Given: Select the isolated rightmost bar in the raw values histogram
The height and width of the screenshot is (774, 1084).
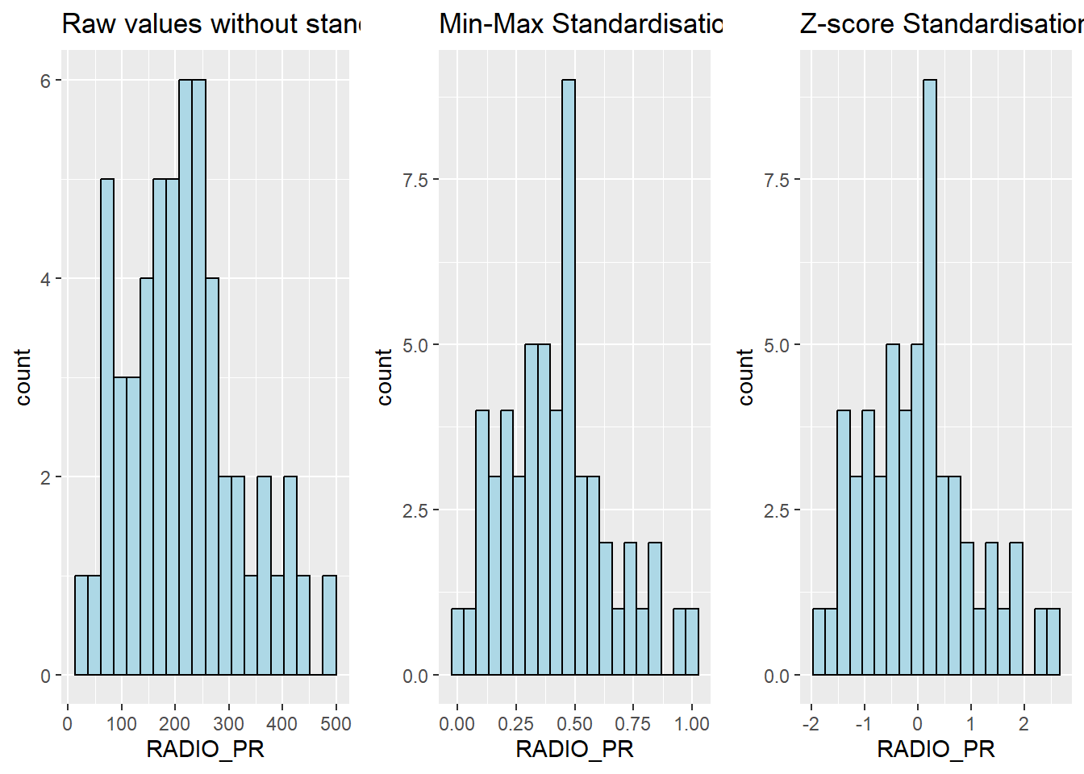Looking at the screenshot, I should coord(329,626).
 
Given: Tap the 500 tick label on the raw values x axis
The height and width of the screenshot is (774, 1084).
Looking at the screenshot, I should coord(336,723).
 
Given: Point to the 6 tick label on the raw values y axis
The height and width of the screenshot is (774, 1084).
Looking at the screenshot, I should coord(45,81).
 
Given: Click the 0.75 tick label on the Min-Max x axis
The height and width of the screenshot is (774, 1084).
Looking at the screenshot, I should coord(634,723).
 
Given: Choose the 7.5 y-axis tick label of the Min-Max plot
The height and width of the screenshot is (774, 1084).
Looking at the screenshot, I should coord(415,180).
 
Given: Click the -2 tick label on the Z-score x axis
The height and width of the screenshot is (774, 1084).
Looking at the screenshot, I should coord(811,723).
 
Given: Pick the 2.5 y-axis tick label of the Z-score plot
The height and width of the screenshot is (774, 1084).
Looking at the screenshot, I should coord(776,510).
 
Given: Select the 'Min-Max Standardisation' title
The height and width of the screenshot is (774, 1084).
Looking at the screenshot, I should coord(581,24).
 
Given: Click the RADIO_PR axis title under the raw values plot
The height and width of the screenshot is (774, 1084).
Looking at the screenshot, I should coord(205,749).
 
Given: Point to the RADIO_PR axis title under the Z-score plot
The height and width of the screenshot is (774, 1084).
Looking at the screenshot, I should coord(936,749).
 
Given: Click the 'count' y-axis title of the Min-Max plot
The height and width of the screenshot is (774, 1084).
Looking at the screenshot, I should coord(385,377).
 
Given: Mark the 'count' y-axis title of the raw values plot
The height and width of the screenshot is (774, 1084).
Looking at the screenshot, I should coord(23,377).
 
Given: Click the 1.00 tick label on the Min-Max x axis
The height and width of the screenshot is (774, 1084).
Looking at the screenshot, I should coord(692,723).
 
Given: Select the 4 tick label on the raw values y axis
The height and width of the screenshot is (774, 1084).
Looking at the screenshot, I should coord(45,279).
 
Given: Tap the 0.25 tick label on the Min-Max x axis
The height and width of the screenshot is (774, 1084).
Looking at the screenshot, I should coord(516,723).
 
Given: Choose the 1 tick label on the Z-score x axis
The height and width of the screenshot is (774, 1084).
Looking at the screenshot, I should coord(971,723).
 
